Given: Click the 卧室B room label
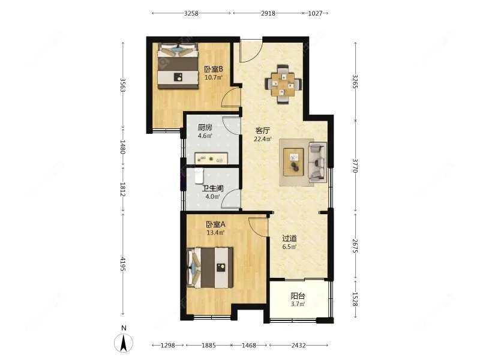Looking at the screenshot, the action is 214,69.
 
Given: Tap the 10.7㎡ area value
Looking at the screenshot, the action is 214,77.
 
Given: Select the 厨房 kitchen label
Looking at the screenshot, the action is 205,127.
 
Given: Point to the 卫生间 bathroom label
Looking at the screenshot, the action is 212,188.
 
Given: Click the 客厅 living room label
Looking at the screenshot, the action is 263,131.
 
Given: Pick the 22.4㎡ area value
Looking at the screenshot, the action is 263,139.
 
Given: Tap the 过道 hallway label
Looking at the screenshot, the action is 289,238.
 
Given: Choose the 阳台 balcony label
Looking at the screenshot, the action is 298,296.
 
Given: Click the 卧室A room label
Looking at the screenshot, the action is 215,224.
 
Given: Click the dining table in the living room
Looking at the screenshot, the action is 283,84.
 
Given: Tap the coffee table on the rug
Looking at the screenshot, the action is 293,162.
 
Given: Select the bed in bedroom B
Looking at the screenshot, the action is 178,66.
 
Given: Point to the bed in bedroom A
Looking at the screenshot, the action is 210,268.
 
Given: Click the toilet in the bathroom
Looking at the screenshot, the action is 199,176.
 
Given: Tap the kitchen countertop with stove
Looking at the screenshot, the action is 211,158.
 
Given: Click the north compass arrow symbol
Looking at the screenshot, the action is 124,343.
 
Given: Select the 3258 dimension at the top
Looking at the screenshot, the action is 191,13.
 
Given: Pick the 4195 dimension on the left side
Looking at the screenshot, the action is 123,264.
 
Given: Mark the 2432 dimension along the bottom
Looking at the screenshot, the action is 298,346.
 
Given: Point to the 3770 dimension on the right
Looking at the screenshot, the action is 355,166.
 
